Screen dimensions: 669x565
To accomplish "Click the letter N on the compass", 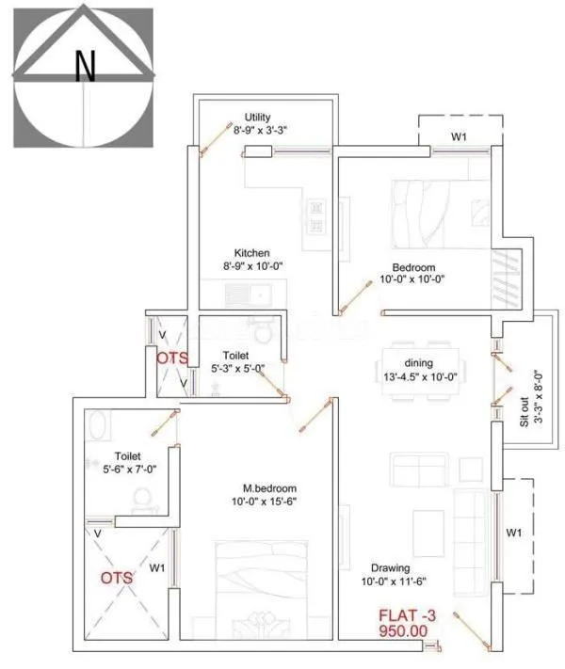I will tap(86, 65).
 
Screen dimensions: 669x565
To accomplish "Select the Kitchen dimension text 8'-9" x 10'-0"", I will tap(252, 266).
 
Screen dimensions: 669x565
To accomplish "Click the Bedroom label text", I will tap(412, 265).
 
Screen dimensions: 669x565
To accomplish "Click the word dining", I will tap(419, 363).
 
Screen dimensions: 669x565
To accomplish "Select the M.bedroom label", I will tap(269, 488).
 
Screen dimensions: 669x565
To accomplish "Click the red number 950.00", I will tap(404, 633).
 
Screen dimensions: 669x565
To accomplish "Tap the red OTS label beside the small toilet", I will tap(172, 358).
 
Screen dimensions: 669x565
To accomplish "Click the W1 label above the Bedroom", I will tap(459, 137).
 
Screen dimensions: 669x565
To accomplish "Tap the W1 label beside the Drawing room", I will tap(514, 534).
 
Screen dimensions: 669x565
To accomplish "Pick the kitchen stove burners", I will tap(315, 216).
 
